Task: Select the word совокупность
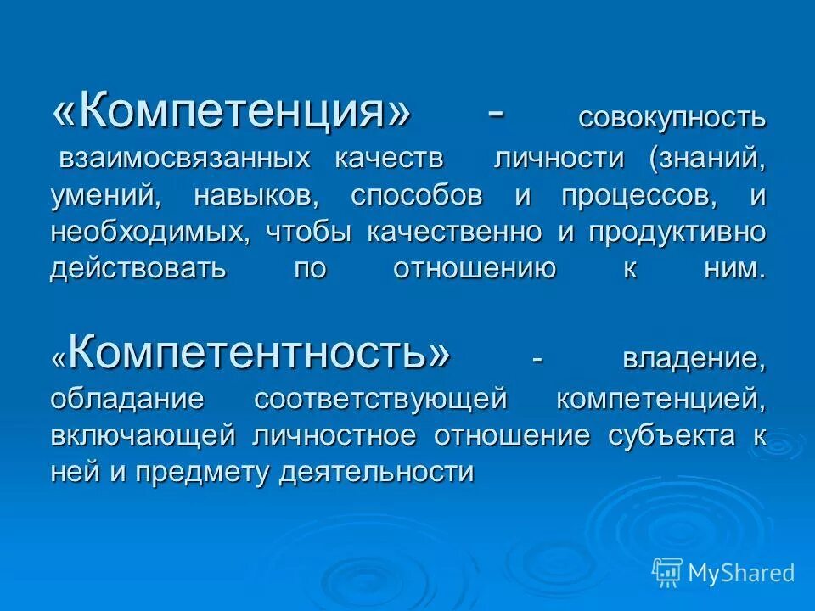point(672,118)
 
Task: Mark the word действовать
point(138,269)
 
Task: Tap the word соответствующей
point(380,397)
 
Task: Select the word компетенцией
point(661,397)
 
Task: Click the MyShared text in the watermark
point(741,573)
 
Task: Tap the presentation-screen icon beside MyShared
point(667,573)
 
